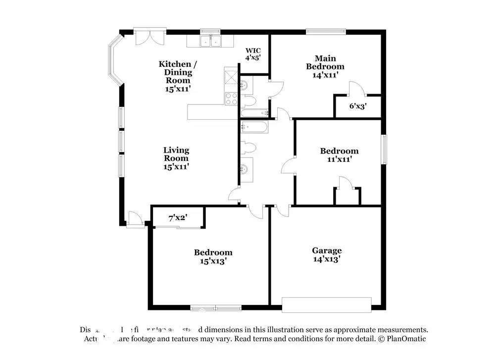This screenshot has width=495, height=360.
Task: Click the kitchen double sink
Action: coord(211,41)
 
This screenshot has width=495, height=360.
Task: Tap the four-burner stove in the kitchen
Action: coord(231,99)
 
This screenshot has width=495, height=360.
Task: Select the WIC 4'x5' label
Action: coord(253,54)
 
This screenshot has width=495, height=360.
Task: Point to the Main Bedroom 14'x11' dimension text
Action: coord(325,75)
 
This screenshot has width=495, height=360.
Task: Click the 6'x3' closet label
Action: coord(358,106)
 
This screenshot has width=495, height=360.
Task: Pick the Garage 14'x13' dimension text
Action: coord(326,259)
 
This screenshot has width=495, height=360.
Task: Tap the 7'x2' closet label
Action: coord(178,217)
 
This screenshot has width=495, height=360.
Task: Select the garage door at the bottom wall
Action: coord(326,304)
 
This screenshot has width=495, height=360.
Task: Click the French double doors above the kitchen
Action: coord(149,39)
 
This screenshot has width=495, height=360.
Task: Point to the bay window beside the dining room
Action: coord(115,60)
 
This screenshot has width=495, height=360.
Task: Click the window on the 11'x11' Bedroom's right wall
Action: coord(384,149)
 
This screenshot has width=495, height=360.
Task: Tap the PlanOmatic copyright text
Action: coord(402,339)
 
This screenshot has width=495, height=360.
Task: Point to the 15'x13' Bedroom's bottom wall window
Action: coord(215,308)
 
